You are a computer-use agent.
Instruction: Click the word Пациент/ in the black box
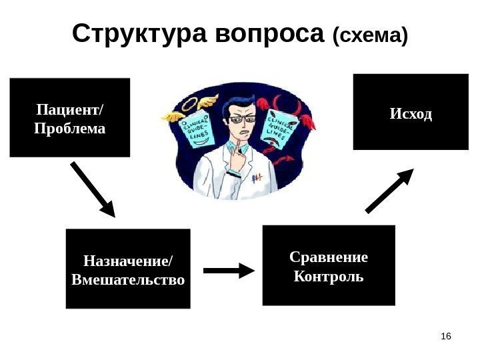click(x=70, y=108)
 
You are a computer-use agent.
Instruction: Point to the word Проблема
click(x=70, y=127)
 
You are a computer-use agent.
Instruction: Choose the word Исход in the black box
click(x=411, y=114)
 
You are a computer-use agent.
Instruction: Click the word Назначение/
click(x=127, y=261)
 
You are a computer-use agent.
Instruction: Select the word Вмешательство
click(x=128, y=279)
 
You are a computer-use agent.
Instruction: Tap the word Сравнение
click(x=329, y=257)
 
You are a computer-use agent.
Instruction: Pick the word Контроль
click(x=329, y=275)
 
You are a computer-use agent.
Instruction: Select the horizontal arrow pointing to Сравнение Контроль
click(x=229, y=270)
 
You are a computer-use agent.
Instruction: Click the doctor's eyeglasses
click(x=242, y=120)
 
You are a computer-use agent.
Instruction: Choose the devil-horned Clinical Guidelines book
click(x=281, y=131)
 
